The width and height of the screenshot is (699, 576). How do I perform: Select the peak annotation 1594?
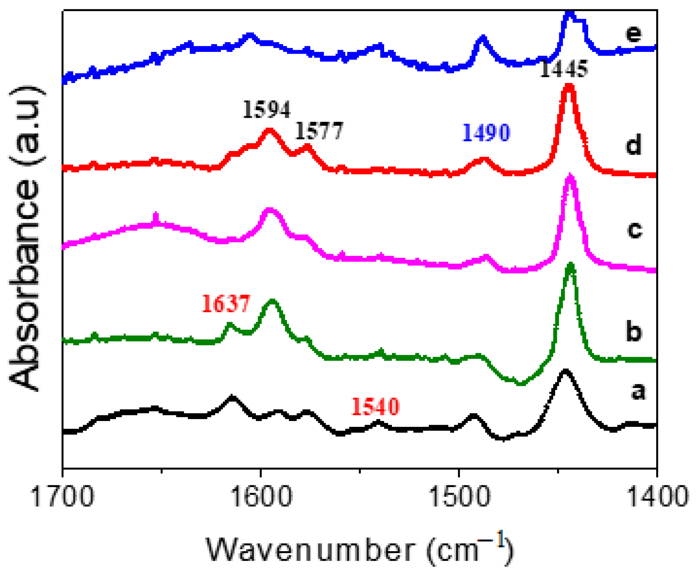point(267,109)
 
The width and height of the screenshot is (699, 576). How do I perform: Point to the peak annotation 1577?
point(319,131)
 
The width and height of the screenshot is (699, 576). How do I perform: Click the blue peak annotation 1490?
point(486,133)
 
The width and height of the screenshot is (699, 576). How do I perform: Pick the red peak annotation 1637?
point(226,303)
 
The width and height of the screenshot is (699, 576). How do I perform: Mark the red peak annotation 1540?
point(375,406)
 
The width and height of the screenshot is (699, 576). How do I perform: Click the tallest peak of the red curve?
point(569,87)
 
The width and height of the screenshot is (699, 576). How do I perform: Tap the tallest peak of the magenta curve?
point(570,177)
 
